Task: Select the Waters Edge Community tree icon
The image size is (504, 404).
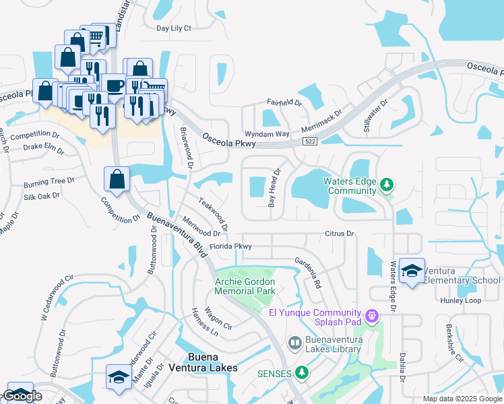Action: [x=387, y=184]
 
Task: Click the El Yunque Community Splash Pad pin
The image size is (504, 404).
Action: [x=370, y=315]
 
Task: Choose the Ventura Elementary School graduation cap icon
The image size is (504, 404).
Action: [x=412, y=270]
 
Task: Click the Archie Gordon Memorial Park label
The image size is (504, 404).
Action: [x=245, y=286]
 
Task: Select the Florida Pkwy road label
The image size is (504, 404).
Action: [x=230, y=246]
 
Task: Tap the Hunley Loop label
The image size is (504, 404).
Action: [x=461, y=300]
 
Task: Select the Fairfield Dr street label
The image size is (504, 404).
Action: [x=284, y=102]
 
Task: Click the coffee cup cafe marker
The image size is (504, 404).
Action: [x=113, y=86]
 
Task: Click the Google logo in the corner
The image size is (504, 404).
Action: [x=22, y=397]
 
